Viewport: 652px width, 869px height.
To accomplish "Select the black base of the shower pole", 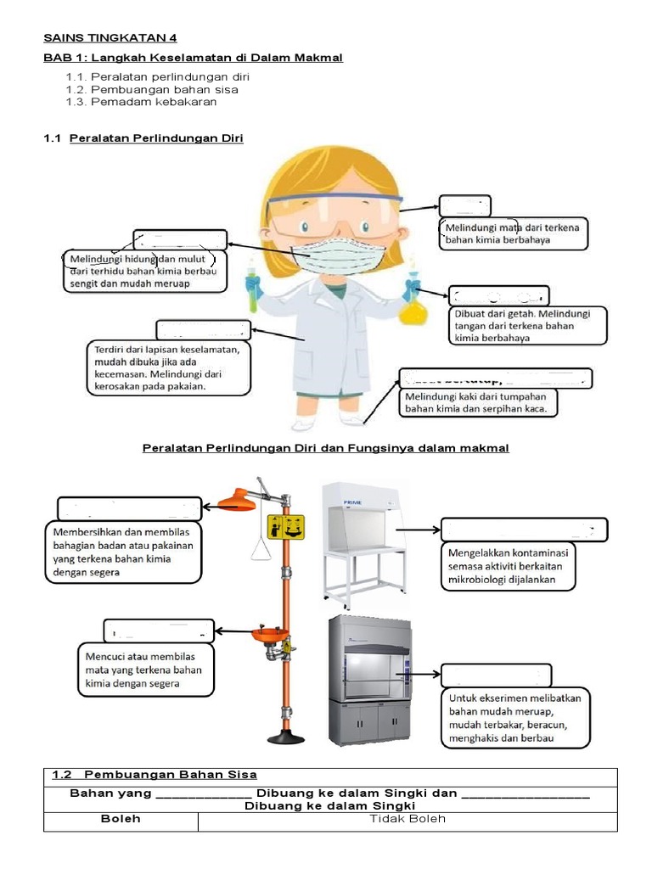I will pos(285,737).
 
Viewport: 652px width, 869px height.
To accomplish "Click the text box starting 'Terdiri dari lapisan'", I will pos(167,367).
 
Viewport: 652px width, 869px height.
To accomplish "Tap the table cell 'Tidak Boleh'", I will pos(407,819).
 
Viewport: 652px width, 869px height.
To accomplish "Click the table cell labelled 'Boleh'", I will pos(120,819).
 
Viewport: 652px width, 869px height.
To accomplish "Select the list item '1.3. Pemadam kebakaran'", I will pos(141,102).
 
